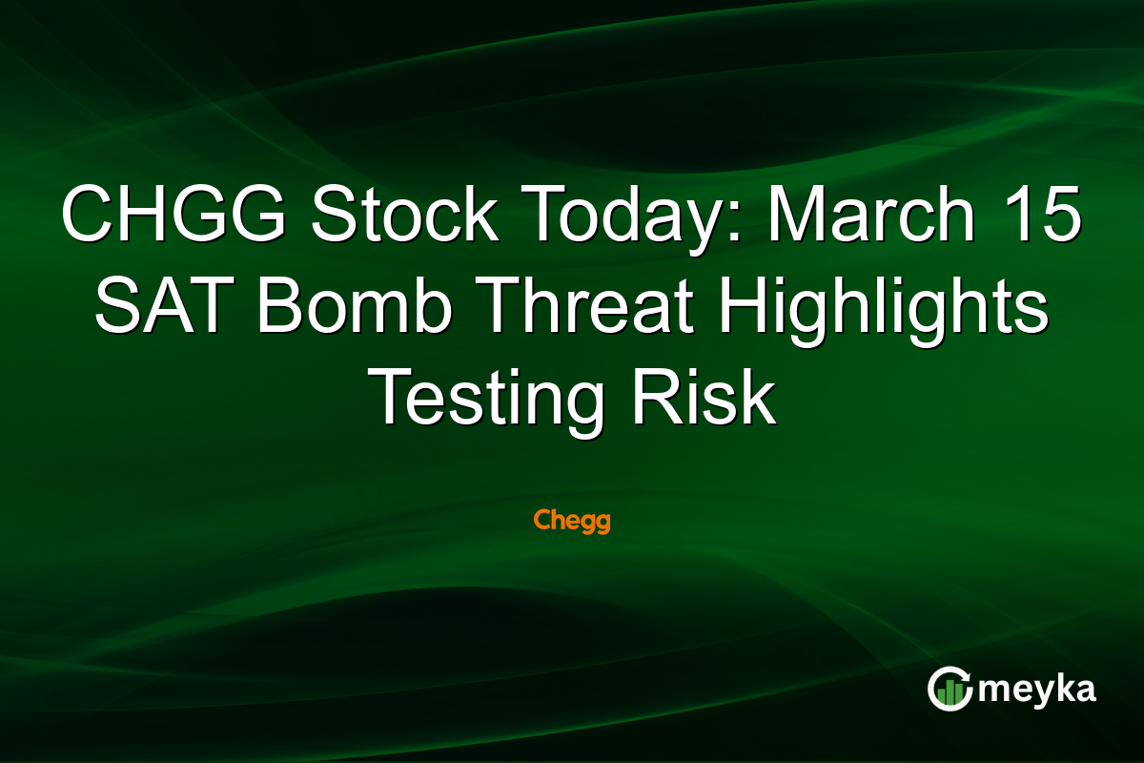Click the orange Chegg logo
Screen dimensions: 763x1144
pyautogui.click(x=571, y=522)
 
